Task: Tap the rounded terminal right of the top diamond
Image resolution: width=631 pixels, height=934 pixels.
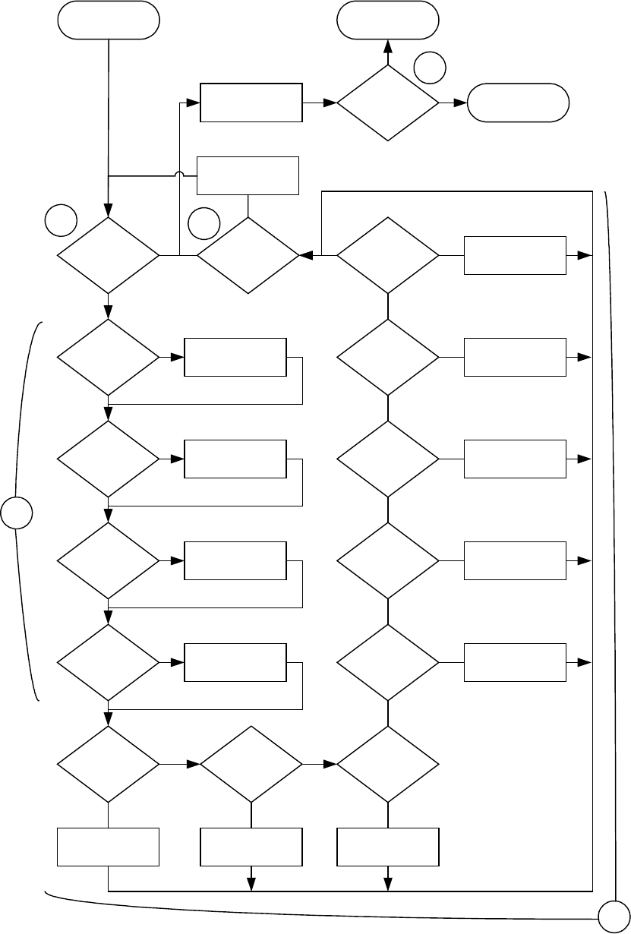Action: tap(518, 103)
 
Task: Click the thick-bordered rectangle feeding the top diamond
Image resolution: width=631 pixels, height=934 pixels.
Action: tap(251, 102)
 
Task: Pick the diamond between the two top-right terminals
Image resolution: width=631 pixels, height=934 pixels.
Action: tap(388, 103)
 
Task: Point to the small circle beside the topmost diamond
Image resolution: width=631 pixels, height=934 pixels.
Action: tap(430, 68)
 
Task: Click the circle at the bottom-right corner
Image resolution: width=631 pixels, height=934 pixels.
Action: tap(614, 918)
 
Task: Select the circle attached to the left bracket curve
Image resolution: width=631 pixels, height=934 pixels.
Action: tap(16, 513)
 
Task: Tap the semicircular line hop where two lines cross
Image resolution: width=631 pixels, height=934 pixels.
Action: tap(179, 176)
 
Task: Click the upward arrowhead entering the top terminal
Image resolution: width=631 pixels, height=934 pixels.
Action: tap(388, 47)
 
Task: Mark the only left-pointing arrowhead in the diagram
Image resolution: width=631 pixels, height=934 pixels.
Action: tap(307, 256)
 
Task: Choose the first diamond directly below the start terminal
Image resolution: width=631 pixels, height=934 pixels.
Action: tap(109, 256)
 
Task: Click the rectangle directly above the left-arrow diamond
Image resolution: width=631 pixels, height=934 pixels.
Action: tap(248, 176)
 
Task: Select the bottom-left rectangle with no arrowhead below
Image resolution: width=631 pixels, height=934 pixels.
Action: tap(109, 847)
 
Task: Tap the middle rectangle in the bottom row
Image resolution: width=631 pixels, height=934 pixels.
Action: tap(251, 847)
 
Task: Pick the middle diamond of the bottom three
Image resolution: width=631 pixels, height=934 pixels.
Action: tap(251, 764)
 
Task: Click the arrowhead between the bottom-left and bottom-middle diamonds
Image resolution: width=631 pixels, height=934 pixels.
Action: tap(192, 764)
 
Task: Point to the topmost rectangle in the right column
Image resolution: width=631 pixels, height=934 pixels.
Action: tap(515, 256)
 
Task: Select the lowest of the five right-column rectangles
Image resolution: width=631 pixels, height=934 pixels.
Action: tap(515, 662)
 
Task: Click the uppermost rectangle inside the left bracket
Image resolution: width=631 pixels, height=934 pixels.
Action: tap(235, 357)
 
